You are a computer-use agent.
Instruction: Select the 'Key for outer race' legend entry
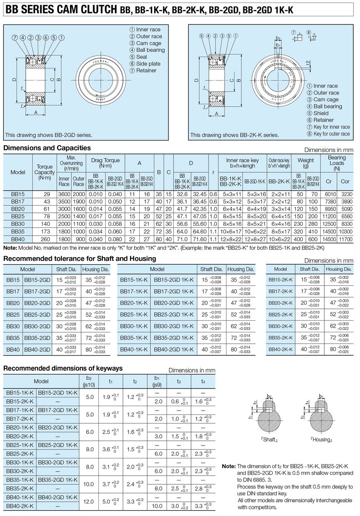pyautogui.click(x=331, y=134)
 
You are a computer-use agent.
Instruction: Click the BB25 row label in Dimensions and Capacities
pyautogui.click(x=18, y=216)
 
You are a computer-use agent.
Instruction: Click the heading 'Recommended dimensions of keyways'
pyautogui.click(x=63, y=368)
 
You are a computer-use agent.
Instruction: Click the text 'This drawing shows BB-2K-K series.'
pyautogui.click(x=234, y=135)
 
